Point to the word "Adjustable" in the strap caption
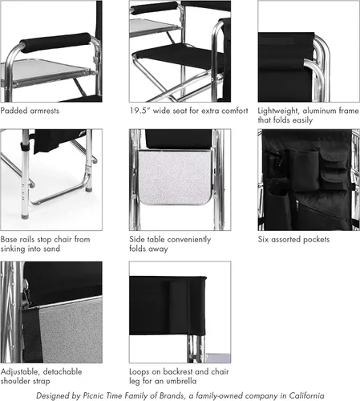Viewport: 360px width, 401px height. [x=20, y=371]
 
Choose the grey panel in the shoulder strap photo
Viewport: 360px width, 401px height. [x=64, y=325]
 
